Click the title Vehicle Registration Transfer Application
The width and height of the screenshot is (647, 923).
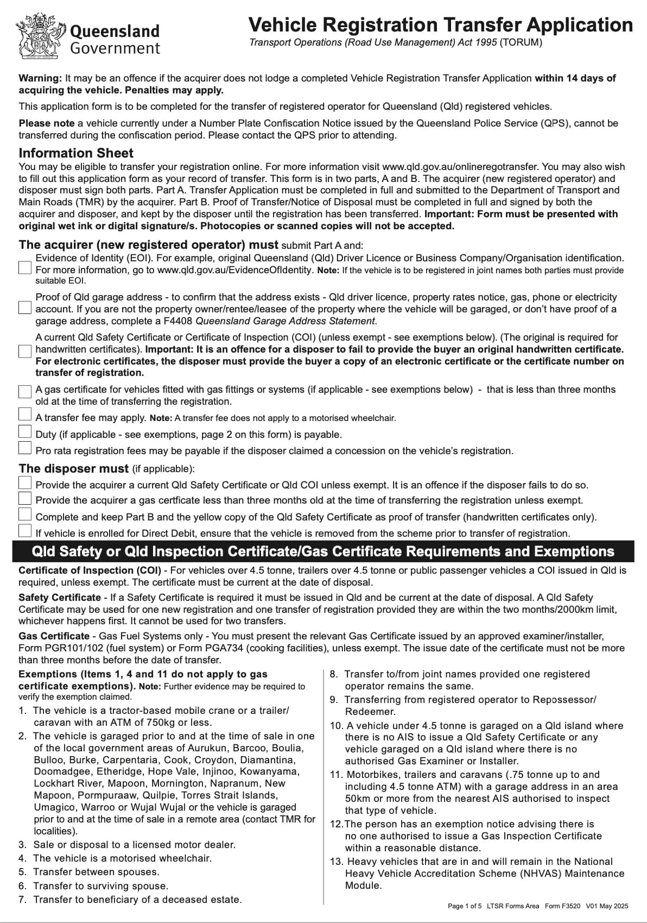pos(440,25)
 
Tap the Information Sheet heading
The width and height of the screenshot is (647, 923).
pos(76,153)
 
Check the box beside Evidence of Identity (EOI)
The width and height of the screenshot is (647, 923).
pos(25,268)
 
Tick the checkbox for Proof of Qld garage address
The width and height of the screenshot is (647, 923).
pos(25,307)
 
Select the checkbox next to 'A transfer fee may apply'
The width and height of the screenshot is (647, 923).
pos(25,415)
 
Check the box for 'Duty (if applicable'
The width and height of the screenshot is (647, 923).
pos(25,432)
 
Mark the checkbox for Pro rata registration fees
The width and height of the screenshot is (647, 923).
pos(25,448)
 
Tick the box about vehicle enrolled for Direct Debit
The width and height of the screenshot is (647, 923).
pos(25,531)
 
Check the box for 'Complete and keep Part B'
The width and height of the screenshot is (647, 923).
pos(25,514)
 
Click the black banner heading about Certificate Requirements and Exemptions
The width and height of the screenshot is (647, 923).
pos(323,551)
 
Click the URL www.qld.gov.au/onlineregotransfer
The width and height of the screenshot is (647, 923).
pos(461,167)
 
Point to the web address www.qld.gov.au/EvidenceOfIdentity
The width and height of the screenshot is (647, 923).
pos(234,270)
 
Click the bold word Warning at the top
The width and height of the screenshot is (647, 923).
pos(40,78)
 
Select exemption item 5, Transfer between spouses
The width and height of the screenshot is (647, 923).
pos(96,872)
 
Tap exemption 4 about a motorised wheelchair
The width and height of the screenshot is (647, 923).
pos(122,858)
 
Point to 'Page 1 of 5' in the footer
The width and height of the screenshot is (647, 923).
pos(465,906)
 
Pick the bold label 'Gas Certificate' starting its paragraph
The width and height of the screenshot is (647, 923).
pos(54,636)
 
